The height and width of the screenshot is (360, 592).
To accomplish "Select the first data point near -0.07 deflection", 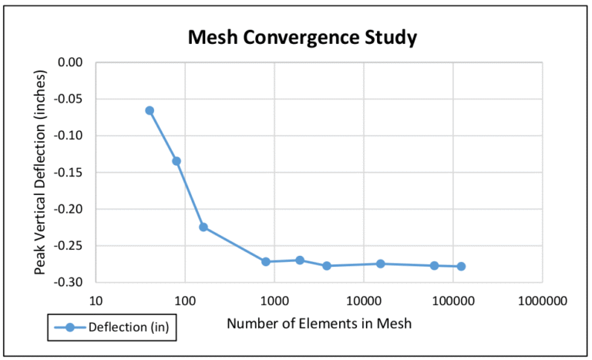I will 150,110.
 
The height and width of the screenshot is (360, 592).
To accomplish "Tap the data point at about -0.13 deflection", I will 177,161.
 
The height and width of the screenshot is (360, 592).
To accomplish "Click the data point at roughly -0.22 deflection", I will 203,227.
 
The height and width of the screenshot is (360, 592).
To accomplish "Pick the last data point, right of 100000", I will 461,267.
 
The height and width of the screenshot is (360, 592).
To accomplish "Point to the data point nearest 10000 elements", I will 380,264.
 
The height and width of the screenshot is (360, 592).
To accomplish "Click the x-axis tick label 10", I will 96,300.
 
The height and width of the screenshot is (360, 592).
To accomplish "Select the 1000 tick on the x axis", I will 274,300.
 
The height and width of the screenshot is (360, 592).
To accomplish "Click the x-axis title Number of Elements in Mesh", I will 319,324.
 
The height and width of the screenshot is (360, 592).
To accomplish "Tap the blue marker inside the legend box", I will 69,328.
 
